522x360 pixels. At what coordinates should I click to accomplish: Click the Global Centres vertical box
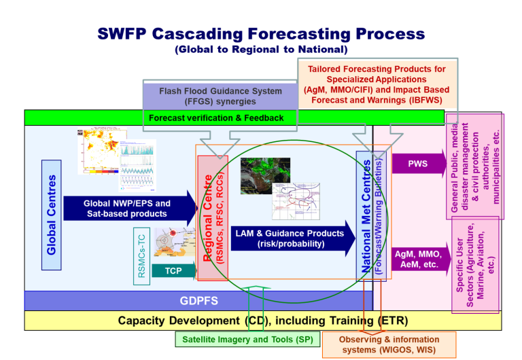pos(52,215)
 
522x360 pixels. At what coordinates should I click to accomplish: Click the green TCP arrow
pos(173,270)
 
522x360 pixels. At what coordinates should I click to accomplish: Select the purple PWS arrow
pos(417,164)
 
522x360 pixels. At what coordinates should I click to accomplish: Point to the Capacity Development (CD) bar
pos(262,321)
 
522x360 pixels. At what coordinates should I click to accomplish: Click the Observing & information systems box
pos(379,345)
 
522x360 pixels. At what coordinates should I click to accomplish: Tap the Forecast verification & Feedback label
pos(216,118)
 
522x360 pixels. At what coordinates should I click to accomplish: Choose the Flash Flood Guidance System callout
pos(220,96)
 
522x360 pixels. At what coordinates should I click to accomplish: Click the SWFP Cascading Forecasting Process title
pos(261,35)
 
